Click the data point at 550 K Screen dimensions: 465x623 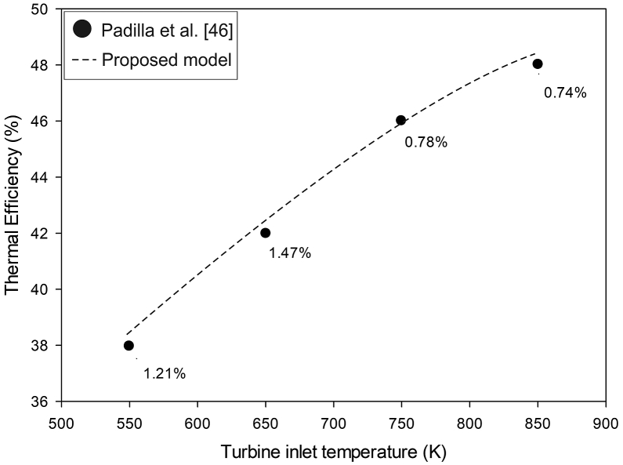tap(129, 345)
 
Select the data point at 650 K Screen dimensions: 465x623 tap(265, 233)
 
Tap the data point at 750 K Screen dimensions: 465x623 tap(401, 120)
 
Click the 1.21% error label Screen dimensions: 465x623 tap(165, 374)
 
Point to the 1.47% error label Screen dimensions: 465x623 tap(290, 253)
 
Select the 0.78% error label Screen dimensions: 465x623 tap(426, 143)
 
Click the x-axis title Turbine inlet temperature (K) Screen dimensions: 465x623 tap(333, 453)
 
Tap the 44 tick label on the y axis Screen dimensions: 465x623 tap(46, 177)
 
